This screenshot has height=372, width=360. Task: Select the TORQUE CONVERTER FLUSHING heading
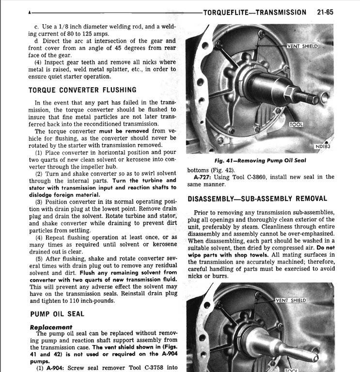point(82,90)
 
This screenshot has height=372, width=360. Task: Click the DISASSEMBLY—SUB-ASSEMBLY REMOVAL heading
point(257,199)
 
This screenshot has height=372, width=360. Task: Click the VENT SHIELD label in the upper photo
point(302,46)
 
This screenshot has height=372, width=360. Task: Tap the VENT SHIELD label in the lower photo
point(291,300)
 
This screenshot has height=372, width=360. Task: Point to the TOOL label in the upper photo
point(296,124)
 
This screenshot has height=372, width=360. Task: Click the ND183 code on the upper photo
point(322,146)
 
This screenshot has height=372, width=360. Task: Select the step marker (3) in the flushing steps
point(38,201)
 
